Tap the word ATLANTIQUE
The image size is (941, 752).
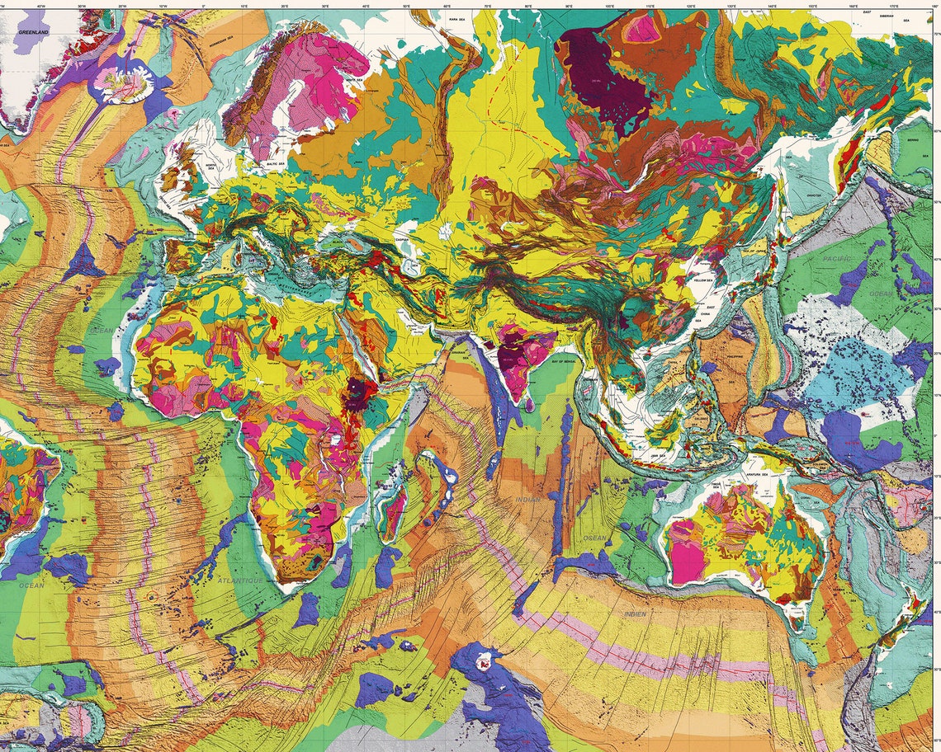tap(241, 580)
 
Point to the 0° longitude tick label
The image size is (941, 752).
tap(204, 7)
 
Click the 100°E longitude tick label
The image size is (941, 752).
tap(610, 7)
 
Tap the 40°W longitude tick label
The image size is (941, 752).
tap(41, 7)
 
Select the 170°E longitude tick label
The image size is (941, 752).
tap(894, 7)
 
